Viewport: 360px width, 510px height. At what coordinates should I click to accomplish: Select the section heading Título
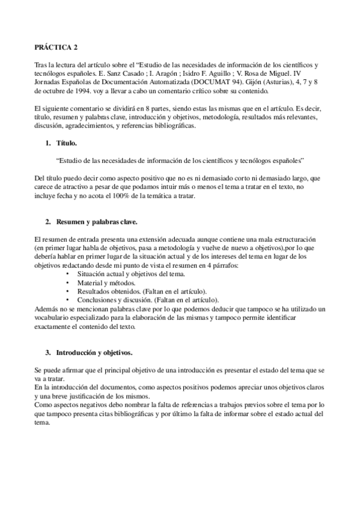pyautogui.click(x=67, y=144)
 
